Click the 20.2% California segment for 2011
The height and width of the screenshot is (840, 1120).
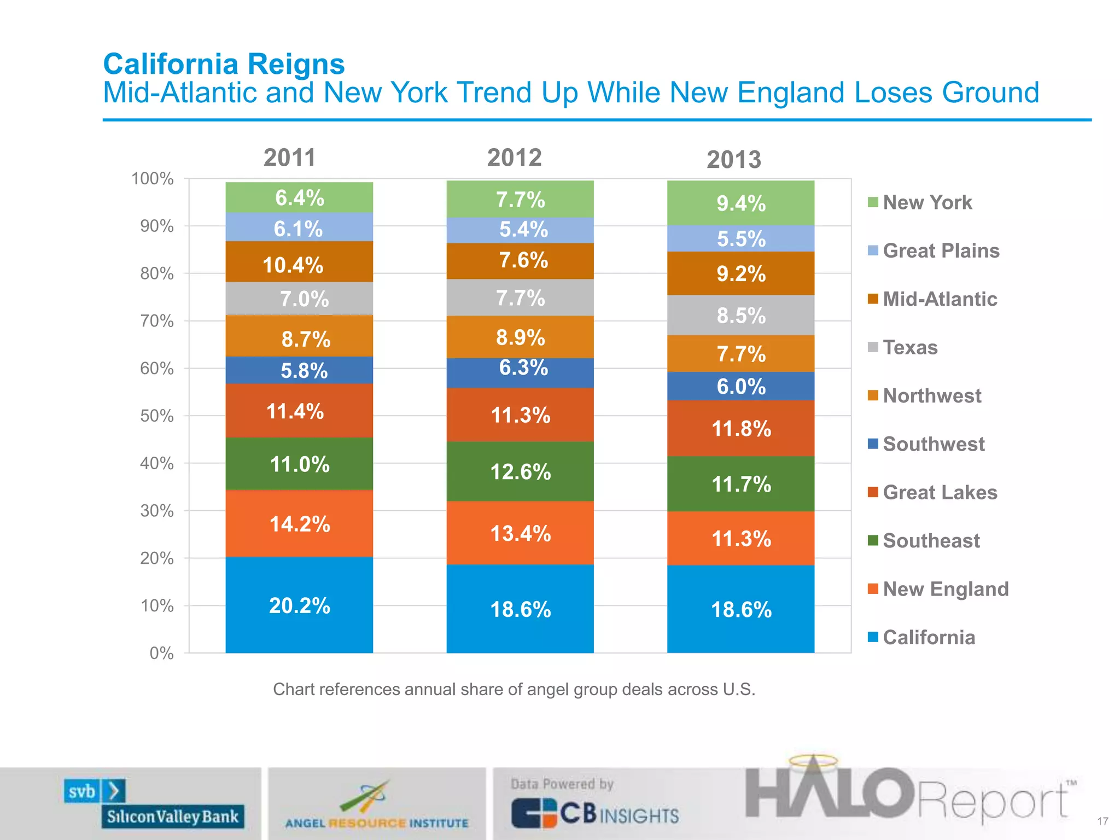tap(299, 605)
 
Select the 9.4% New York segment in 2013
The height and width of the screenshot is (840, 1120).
tap(740, 203)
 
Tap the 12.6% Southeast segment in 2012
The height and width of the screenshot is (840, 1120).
tap(520, 471)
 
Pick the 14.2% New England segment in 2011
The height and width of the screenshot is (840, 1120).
tap(299, 524)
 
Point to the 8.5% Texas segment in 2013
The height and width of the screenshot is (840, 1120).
tap(740, 316)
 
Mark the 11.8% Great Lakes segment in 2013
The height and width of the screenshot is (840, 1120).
tap(740, 429)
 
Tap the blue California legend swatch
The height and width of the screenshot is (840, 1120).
tap(873, 637)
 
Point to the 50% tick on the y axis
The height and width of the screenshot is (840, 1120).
tap(157, 416)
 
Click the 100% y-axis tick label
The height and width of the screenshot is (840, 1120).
tap(153, 179)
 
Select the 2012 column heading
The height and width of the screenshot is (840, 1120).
tap(514, 158)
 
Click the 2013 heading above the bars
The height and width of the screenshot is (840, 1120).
tap(734, 160)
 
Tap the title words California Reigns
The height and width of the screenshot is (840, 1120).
tap(224, 64)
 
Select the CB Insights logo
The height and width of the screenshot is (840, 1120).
tap(595, 813)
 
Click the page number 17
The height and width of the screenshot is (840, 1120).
tap(1102, 821)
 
